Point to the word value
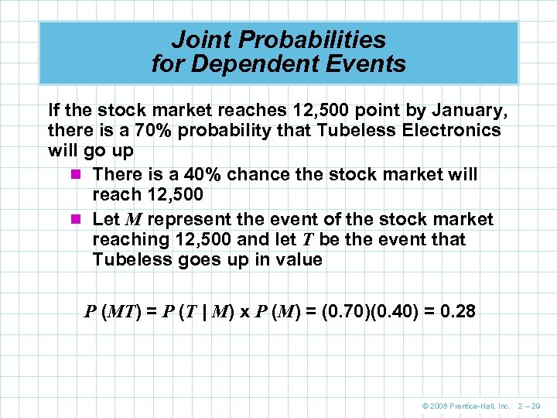pos(296,259)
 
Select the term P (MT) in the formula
pos(111,312)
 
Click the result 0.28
pos(457,312)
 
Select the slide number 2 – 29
pos(530,406)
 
